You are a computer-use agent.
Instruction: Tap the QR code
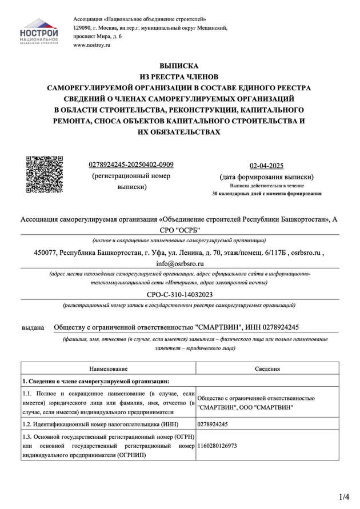[x=45, y=174]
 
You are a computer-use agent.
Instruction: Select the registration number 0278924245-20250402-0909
[x=131, y=165]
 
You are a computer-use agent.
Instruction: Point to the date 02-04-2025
[x=267, y=166]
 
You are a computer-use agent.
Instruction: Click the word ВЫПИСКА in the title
[x=179, y=66]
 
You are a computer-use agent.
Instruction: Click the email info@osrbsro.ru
[x=179, y=264]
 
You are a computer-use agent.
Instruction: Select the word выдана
[x=33, y=327]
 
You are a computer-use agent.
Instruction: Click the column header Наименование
[x=109, y=369]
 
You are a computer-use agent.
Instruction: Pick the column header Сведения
[x=267, y=369]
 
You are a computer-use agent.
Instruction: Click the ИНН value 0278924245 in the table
[x=213, y=424]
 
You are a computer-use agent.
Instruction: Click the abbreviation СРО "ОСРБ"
[x=179, y=230]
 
